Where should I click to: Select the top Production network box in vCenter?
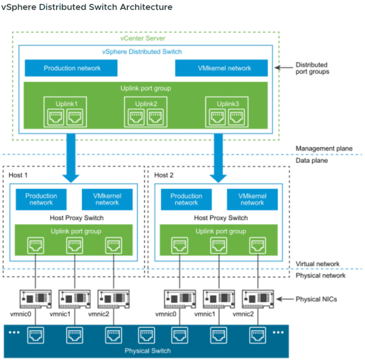coord(71,68)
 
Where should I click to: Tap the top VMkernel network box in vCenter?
coord(221,68)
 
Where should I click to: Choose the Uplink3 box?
coord(227,112)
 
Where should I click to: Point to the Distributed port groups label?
coord(312,68)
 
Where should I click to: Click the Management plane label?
coord(324,148)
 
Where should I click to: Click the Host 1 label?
coord(18,175)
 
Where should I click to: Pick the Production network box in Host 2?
coord(186,199)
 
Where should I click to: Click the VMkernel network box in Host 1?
coord(107,199)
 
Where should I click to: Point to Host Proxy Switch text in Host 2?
coord(221,218)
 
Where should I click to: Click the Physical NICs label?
coord(316,299)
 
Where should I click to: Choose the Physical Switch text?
coord(147,351)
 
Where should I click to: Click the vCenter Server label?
coord(142,38)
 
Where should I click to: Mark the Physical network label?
coord(320,275)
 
